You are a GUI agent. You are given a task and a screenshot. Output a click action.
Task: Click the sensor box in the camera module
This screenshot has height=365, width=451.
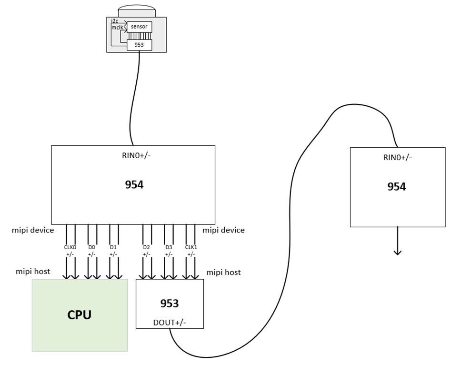coord(139,27)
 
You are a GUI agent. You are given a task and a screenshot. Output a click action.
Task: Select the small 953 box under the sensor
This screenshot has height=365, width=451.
coord(139,45)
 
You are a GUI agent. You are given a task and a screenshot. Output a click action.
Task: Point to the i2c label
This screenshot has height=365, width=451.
coord(114,21)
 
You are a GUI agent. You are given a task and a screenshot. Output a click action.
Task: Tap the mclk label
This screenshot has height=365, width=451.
coord(117,28)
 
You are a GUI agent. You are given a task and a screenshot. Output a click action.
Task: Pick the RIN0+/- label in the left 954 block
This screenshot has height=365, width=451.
coord(134,155)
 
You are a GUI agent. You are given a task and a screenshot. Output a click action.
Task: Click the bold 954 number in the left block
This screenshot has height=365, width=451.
coord(134,184)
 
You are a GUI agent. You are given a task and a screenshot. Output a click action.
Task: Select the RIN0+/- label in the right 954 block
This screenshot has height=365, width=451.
coord(397,157)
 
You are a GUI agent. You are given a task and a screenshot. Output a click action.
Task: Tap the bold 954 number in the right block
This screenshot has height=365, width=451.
coord(396,186)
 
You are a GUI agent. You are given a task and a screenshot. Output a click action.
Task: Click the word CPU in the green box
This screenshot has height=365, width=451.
coord(79,315)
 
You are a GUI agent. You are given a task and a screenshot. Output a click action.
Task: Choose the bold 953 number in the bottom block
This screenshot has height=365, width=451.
coord(170,304)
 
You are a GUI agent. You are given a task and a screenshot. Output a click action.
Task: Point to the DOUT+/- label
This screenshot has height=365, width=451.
coord(170,323)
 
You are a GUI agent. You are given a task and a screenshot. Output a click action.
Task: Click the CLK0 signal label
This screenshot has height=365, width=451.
coord(70,248)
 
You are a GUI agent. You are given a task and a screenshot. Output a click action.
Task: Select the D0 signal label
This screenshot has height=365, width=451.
coord(92,248)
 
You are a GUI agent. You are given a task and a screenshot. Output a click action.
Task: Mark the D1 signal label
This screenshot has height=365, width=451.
coord(113,248)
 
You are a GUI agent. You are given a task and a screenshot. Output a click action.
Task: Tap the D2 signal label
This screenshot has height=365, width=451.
coord(147,248)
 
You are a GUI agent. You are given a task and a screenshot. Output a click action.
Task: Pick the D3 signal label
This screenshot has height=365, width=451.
coord(169,248)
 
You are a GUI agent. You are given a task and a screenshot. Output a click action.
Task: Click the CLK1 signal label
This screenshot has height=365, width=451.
coord(191,248)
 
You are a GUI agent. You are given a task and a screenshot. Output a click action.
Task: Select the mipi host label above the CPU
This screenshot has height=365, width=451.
coord(33,272)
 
